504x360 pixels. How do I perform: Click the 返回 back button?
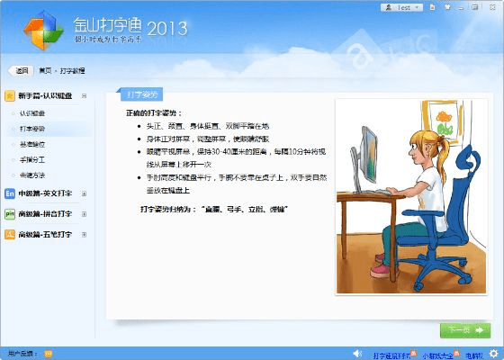click(21, 69)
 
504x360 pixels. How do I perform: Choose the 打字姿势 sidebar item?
click(31, 130)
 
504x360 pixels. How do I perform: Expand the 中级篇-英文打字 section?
click(45, 193)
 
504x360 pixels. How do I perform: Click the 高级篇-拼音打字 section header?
click(45, 214)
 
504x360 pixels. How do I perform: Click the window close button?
click(491, 6)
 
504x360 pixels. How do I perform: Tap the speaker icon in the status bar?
click(356, 354)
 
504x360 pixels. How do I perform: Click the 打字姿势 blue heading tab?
click(141, 94)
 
